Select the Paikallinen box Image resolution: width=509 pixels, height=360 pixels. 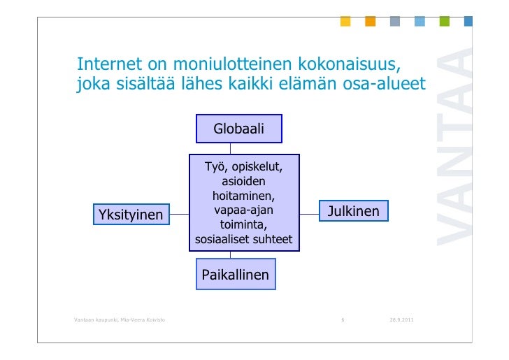235,275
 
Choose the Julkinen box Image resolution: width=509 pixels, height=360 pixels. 354,211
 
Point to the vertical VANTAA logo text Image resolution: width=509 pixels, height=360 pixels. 454,147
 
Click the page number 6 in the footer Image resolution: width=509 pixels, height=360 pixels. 343,320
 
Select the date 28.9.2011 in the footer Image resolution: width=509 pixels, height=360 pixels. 401,320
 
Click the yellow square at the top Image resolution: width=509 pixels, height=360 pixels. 345,22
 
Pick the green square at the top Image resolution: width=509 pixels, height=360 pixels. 444,22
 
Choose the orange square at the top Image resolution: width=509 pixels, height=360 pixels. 370,22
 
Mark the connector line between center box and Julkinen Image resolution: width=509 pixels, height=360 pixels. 309,211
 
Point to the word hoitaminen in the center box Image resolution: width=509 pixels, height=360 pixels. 244,196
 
